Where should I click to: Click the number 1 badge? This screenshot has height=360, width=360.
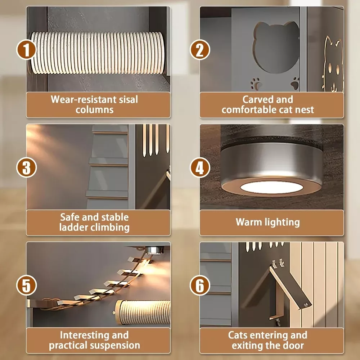pyautogui.click(x=26, y=50)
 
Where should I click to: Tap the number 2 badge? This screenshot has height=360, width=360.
pyautogui.click(x=200, y=50)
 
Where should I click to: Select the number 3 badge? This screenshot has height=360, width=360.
pyautogui.click(x=26, y=167)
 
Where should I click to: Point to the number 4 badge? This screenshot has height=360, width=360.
pyautogui.click(x=200, y=167)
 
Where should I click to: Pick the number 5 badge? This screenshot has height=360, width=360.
pyautogui.click(x=26, y=285)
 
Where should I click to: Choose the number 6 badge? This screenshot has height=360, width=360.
pyautogui.click(x=200, y=285)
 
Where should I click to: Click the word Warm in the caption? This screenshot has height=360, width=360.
pyautogui.click(x=249, y=222)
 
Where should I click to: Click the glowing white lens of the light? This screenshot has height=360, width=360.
pyautogui.click(x=271, y=187)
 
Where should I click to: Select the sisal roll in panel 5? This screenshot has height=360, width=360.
pyautogui.click(x=142, y=312)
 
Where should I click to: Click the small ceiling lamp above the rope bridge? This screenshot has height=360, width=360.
pyautogui.click(x=154, y=250)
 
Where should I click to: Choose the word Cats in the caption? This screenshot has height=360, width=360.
pyautogui.click(x=238, y=335)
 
